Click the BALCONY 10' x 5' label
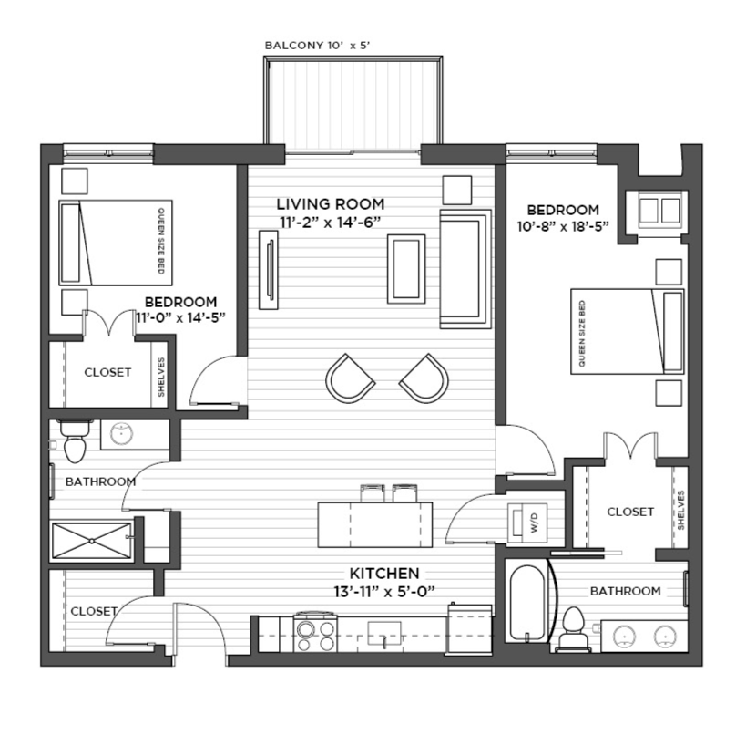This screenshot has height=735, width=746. pyautogui.click(x=317, y=46)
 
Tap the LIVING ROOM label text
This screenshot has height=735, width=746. pyautogui.click(x=331, y=204)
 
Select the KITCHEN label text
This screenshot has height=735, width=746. pyautogui.click(x=384, y=573)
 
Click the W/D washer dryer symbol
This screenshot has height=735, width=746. pyautogui.click(x=527, y=523)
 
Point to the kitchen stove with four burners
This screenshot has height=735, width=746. pyautogui.click(x=315, y=633)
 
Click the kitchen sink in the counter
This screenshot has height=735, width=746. pyautogui.click(x=384, y=633)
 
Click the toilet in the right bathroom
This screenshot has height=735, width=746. pyautogui.click(x=574, y=629)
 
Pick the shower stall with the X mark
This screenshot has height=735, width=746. pyautogui.click(x=91, y=541)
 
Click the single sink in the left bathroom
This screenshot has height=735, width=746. pyautogui.click(x=121, y=433)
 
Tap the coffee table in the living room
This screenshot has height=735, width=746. pyautogui.click(x=406, y=269)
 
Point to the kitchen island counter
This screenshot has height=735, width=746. pyautogui.click(x=375, y=524)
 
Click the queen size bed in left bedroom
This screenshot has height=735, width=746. pyautogui.click(x=116, y=243)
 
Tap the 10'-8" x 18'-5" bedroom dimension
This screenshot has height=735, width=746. pyautogui.click(x=563, y=226)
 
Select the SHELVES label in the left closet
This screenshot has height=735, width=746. pyautogui.click(x=161, y=378)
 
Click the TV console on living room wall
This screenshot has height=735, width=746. pyautogui.click(x=269, y=270)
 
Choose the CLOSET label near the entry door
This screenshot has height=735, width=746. pyautogui.click(x=94, y=611)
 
